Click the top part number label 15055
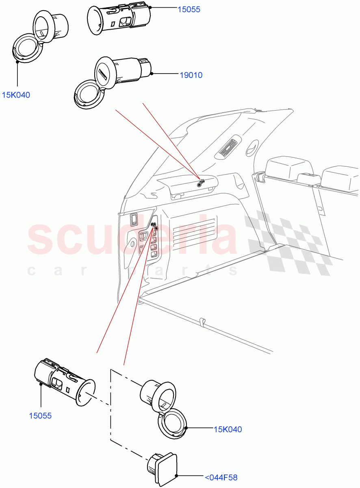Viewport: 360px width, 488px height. click(189, 9)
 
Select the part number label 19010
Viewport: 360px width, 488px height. click(191, 75)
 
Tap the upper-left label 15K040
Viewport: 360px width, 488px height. click(16, 95)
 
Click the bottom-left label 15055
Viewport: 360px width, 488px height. click(40, 416)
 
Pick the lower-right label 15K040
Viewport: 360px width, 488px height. click(228, 429)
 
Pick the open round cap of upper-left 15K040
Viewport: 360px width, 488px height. click(26, 47)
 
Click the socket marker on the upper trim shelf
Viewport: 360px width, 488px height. click(200, 183)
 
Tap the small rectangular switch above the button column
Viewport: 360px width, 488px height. click(133, 220)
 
